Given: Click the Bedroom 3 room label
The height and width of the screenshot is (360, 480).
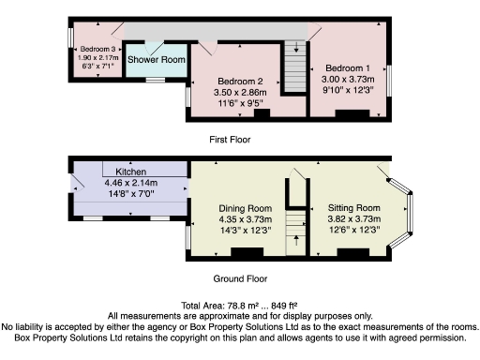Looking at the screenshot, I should (97, 49).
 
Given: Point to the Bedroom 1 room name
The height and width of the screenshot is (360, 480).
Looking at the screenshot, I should (347, 68).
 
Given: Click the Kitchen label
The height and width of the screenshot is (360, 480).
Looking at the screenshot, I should (130, 172).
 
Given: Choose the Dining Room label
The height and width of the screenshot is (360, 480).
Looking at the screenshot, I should (245, 208).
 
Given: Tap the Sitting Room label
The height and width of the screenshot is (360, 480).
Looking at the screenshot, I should (353, 208).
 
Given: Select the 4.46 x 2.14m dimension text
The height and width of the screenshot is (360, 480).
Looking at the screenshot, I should (130, 184).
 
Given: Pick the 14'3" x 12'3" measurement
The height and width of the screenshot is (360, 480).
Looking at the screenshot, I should (245, 231).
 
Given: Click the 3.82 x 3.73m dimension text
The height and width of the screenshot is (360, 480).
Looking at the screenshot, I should (353, 219).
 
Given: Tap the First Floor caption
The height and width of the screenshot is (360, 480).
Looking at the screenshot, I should (230, 139).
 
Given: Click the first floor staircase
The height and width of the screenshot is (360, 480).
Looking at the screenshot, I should (295, 68).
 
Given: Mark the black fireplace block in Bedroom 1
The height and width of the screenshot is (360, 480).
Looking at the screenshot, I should (352, 114).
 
